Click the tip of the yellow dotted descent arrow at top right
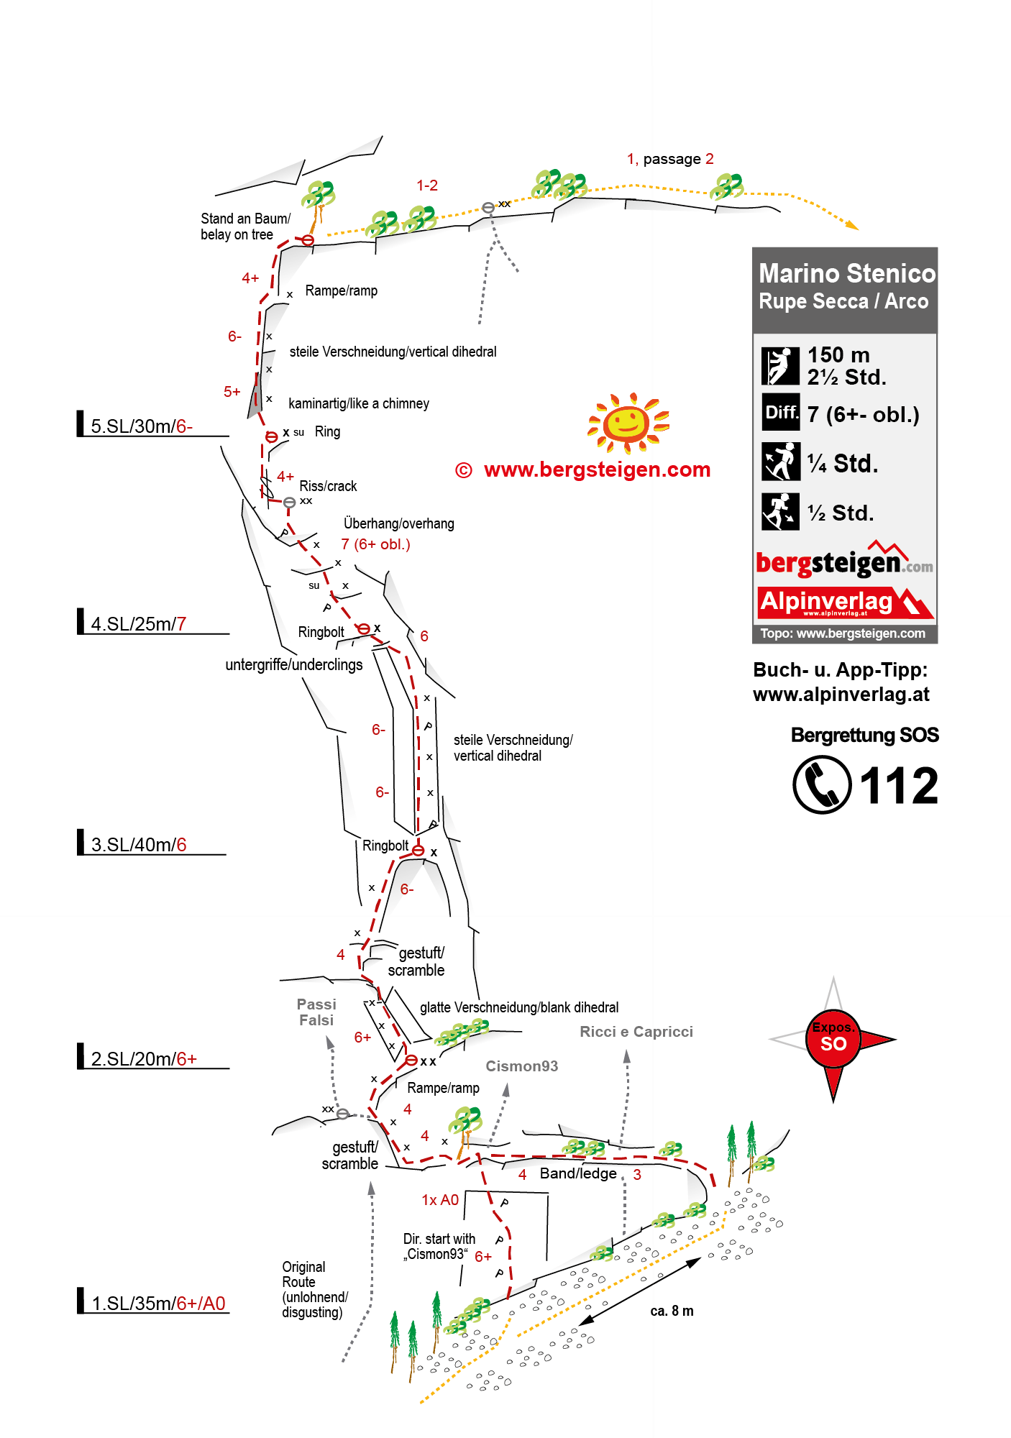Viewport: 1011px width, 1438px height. coord(858,229)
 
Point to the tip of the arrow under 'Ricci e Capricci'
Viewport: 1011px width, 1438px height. coord(627,1055)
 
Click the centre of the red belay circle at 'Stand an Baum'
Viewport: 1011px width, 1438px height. coord(308,240)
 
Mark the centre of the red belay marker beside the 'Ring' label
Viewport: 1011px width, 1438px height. coord(272,436)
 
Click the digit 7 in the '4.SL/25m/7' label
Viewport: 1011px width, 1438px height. coord(182,623)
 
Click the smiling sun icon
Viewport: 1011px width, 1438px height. coord(628,423)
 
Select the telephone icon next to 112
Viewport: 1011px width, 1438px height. coord(822,784)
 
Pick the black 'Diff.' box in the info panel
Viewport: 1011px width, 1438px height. coord(780,412)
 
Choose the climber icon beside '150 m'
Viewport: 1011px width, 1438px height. coord(780,366)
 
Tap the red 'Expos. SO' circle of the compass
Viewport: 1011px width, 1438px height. coord(833,1038)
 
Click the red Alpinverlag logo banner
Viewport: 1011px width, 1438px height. coord(846,603)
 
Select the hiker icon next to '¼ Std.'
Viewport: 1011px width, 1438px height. coord(780,462)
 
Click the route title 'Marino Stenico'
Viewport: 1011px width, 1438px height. coord(847,273)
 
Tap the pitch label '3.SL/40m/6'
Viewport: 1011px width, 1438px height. coord(139,844)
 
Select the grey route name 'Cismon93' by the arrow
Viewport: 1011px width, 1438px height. coord(522,1066)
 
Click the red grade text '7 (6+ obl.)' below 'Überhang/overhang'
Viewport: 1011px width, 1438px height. coord(375,544)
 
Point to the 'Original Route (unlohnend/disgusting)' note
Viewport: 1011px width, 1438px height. coord(315,1289)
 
